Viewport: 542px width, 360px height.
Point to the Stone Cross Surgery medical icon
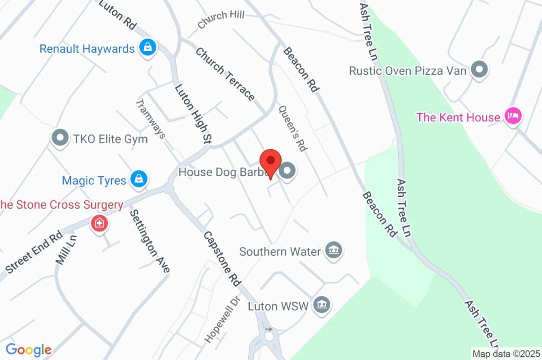click(x=98, y=223)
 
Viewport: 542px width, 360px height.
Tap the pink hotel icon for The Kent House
click(x=512, y=116)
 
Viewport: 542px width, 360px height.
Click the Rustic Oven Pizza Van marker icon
click(x=480, y=69)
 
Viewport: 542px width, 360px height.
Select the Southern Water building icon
click(x=333, y=250)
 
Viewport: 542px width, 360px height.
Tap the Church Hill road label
click(x=221, y=20)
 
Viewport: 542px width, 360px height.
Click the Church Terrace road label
click(x=225, y=74)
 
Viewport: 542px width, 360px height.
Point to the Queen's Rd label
click(x=293, y=129)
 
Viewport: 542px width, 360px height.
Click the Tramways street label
click(x=151, y=119)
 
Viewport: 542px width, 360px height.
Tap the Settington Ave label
click(x=150, y=241)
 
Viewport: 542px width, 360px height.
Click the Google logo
click(x=29, y=349)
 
